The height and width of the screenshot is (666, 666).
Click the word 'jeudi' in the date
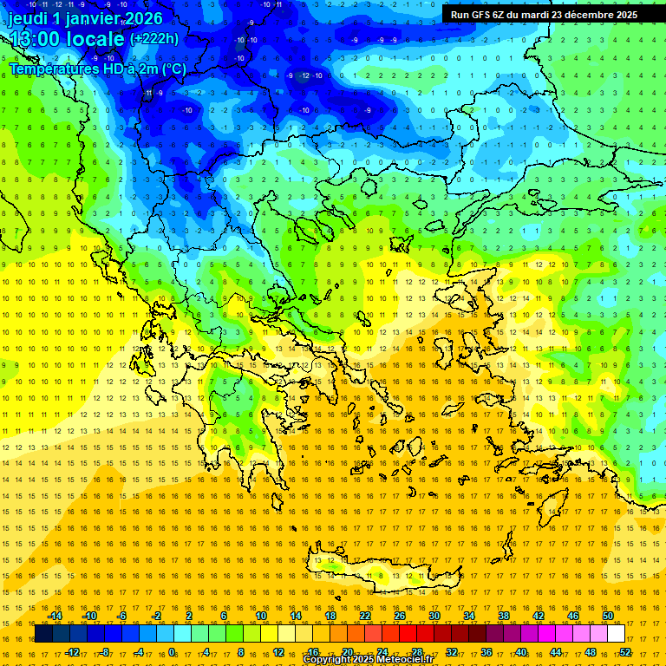(x=28, y=19)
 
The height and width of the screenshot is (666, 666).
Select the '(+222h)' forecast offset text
(x=153, y=39)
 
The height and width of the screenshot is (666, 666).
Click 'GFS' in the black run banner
(x=483, y=15)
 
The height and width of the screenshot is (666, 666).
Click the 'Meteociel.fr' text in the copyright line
(x=402, y=660)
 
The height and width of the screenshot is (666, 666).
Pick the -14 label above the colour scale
(x=54, y=616)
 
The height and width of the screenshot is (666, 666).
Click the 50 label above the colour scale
(x=608, y=616)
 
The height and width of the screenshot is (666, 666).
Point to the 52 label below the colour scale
(x=625, y=652)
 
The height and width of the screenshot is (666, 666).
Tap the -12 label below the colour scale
(x=72, y=652)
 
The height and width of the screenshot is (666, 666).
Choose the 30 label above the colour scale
(x=434, y=616)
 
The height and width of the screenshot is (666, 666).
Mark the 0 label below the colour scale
(x=172, y=652)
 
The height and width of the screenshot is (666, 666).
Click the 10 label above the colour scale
(x=260, y=616)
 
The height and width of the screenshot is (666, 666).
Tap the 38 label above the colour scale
(x=504, y=616)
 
